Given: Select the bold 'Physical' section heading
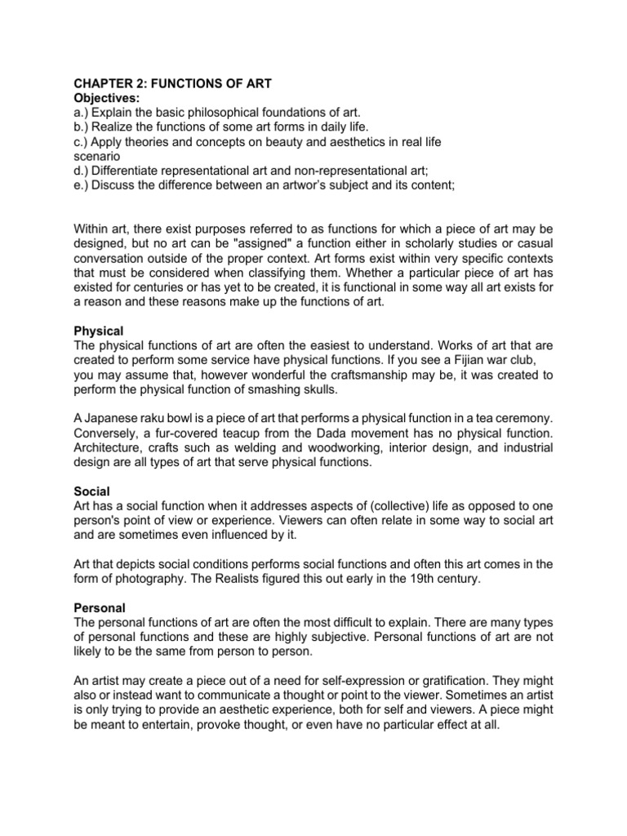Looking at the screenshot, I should click(x=98, y=331).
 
